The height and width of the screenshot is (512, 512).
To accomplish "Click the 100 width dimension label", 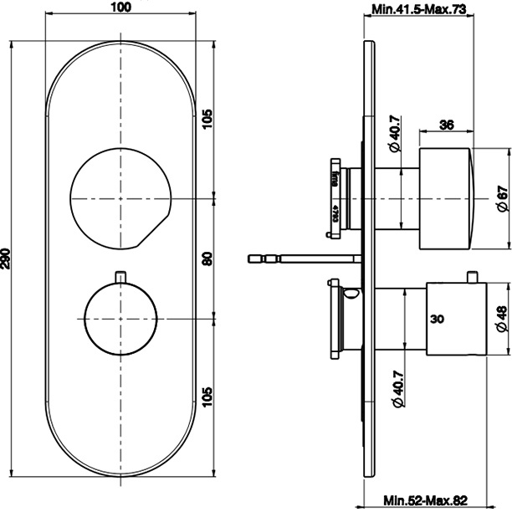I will click(x=122, y=8).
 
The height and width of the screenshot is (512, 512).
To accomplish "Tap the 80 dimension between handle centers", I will click(x=207, y=258).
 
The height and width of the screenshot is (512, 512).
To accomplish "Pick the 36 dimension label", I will click(x=446, y=125).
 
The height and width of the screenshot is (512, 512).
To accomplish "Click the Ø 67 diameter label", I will click(x=501, y=198).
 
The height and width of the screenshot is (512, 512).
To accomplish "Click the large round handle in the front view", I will click(x=121, y=198).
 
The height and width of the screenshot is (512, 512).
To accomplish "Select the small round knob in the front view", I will click(x=121, y=319).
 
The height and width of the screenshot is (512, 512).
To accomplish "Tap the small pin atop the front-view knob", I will click(x=122, y=275).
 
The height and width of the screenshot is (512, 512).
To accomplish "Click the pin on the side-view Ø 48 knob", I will click(x=474, y=276).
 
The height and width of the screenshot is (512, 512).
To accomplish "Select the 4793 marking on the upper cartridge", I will click(x=334, y=212).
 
